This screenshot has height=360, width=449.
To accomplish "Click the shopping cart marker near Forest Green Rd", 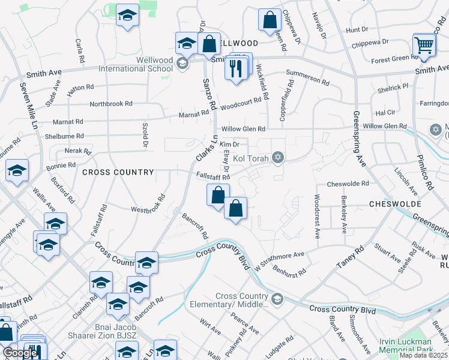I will tap(424, 46).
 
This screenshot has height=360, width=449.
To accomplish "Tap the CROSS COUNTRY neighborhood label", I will tap(118, 172).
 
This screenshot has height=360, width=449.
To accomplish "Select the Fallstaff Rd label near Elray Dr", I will tap(213, 177).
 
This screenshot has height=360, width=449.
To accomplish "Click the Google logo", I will tap(20, 352).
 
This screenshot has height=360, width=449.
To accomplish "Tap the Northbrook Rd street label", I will tap(111, 104).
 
